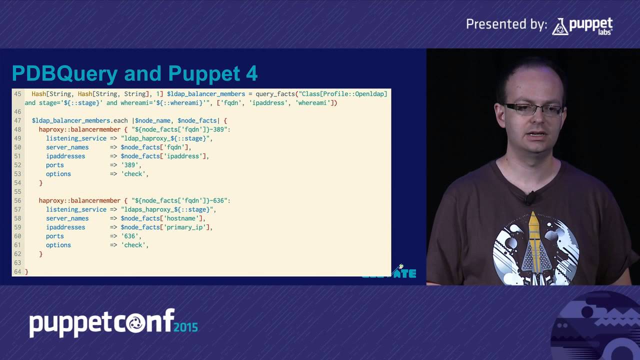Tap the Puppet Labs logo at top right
[x=582, y=26]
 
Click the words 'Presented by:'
[x=506, y=24]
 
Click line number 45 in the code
[x=18, y=94]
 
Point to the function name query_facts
[x=275, y=94]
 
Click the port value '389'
[x=131, y=165]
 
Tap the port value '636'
[x=131, y=236]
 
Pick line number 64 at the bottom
[x=18, y=271]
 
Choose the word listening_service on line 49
[x=76, y=138]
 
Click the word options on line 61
[x=58, y=245]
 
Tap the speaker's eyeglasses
[x=533, y=108]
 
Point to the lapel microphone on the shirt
[x=529, y=198]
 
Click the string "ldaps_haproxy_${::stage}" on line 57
[x=167, y=209]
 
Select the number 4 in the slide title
[x=251, y=73]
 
